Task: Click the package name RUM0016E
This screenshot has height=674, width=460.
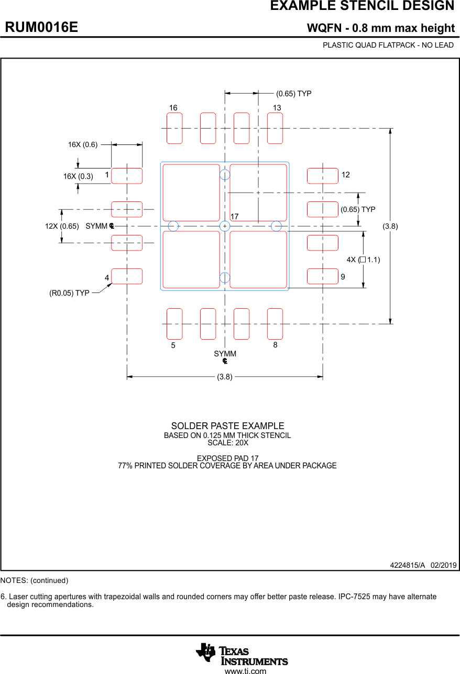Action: pos(41,27)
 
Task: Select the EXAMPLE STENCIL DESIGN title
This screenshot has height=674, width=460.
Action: pos(362,6)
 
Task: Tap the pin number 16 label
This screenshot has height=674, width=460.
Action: pos(173,108)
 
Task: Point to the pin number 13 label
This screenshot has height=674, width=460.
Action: pos(277,108)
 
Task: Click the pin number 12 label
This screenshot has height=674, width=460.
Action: pos(346,175)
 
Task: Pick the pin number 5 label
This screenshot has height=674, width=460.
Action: pos(173,346)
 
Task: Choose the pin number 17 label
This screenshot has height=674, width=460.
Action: pos(234,216)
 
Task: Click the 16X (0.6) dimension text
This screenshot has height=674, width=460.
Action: pos(83,144)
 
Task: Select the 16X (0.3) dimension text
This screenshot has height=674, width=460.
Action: pos(78,176)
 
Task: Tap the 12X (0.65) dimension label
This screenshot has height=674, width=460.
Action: pos(62,226)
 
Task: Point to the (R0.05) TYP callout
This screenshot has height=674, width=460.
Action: pos(69,293)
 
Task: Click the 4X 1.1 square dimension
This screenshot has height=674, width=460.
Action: pos(363,260)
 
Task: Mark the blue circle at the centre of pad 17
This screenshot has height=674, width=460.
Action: pos(225,226)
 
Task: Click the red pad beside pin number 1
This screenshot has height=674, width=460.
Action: pos(127,176)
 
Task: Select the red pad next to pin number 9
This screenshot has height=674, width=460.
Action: pos(323,276)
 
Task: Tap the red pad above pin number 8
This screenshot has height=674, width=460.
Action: pos(275,324)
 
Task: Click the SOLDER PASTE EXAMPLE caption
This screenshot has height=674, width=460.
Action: pos(227,426)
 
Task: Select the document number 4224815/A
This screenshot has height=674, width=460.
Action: pos(407,565)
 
